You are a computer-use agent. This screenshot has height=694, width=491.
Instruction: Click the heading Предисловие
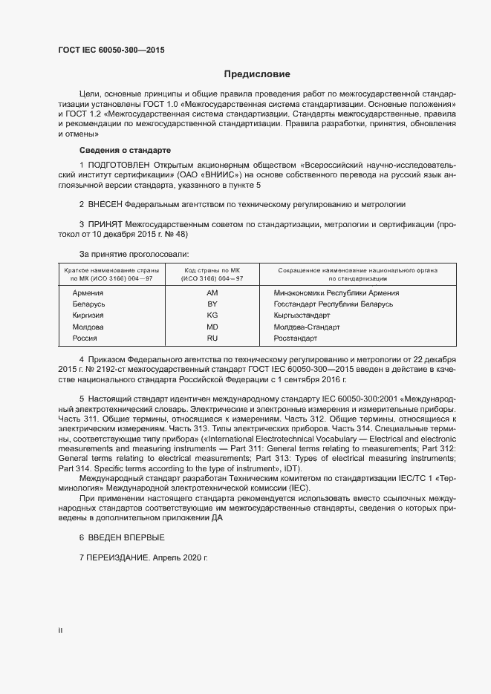click(258, 74)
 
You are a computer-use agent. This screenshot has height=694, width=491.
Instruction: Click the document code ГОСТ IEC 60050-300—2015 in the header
click(111, 50)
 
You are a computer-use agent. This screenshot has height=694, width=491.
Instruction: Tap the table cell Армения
click(88, 293)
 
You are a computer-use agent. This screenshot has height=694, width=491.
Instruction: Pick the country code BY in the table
click(212, 304)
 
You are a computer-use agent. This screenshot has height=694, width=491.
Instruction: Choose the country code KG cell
click(212, 315)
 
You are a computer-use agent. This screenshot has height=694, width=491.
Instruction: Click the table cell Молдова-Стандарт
click(306, 327)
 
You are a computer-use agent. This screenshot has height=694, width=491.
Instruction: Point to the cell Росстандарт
click(295, 338)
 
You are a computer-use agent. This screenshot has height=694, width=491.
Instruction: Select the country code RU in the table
click(212, 338)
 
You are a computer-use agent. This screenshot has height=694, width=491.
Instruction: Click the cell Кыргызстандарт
click(302, 315)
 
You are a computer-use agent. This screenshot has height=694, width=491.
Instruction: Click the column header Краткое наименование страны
click(110, 271)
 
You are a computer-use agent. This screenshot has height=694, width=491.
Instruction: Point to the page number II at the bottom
click(60, 630)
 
